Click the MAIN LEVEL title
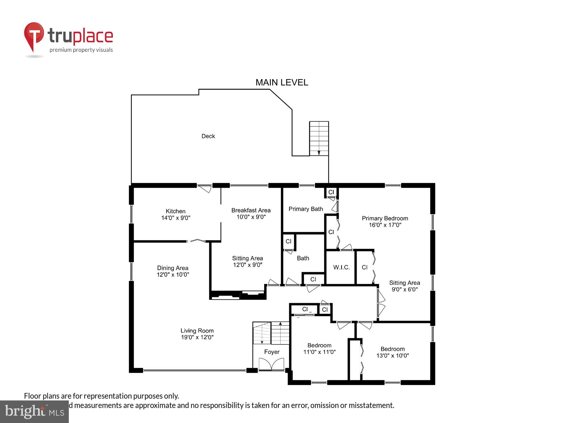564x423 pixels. tap(281, 82)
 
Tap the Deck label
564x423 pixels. tap(208, 136)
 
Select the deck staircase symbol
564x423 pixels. tap(319, 138)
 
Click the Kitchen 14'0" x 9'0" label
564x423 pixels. tap(176, 214)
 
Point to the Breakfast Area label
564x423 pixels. tap(251, 210)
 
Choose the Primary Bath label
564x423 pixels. tap(306, 209)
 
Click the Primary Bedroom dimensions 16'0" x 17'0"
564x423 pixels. tap(385, 225)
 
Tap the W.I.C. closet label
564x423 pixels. tap(341, 267)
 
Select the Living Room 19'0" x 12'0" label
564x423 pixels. tap(197, 334)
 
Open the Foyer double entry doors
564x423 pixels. tap(271, 364)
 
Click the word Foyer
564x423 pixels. tap(272, 352)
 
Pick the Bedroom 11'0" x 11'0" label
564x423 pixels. tap(319, 349)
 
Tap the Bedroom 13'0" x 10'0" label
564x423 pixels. tap(393, 352)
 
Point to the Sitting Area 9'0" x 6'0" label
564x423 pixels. tap(404, 286)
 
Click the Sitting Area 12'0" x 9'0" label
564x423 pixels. tap(247, 261)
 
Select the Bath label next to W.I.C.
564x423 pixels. tap(303, 258)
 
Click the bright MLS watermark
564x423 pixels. tap(34, 412)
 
